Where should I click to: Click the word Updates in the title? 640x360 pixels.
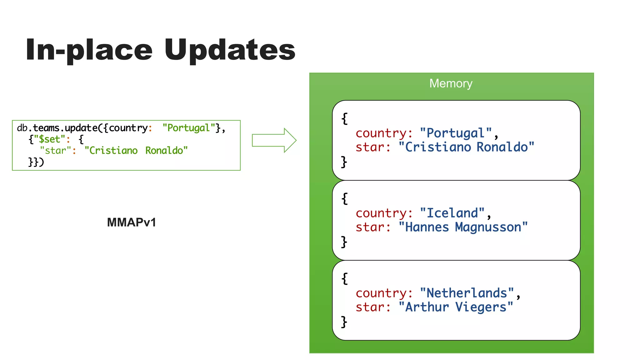pos(230,50)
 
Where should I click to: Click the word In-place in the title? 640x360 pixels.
pos(89,50)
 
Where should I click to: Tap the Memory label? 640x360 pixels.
pos(451,83)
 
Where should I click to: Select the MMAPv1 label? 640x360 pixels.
pos(131,222)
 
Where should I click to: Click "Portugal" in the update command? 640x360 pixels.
pos(188,128)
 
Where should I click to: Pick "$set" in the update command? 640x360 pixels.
pos(49,139)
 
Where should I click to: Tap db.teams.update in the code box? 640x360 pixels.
pos(57,128)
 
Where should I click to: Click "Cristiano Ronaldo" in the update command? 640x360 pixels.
pos(136,151)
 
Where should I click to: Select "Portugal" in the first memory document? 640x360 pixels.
pos(456,133)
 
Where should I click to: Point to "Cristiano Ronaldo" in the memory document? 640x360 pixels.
pos(466,147)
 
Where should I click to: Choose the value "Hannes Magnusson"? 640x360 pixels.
pos(463,227)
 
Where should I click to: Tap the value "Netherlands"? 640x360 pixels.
pos(467,293)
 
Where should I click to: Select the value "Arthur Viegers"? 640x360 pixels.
pos(456,307)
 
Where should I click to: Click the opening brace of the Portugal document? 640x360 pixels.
pos(344,119)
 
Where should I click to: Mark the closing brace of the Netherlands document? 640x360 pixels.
pos(344,322)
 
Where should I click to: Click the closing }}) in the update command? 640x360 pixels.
pos(36,162)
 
